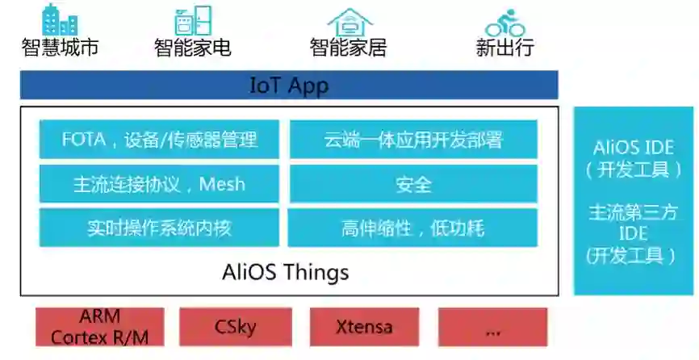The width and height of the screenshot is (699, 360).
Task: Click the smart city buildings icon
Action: [61, 19]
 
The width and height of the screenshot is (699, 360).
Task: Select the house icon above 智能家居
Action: [349, 22]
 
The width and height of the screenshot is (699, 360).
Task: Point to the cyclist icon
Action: [505, 22]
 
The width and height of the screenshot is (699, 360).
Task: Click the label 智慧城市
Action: [61, 48]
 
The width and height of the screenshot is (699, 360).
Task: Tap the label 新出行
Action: [505, 48]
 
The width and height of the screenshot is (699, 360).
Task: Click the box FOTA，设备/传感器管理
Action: [159, 140]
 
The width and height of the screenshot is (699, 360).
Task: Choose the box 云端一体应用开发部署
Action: [413, 140]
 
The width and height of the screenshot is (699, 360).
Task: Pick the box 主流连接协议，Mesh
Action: [159, 184]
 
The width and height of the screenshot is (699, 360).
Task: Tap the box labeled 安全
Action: [413, 184]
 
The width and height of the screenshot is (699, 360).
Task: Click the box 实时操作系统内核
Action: [159, 228]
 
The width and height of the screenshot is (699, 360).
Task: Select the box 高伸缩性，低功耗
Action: [413, 228]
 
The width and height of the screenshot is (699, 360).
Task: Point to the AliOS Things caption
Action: [286, 272]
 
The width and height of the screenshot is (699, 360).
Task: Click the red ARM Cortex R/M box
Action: [100, 327]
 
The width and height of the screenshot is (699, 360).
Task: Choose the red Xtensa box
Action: [364, 327]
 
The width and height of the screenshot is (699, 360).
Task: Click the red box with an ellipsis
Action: [492, 327]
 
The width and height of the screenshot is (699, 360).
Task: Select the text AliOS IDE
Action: [633, 148]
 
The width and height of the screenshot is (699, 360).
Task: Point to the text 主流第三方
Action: [633, 213]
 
